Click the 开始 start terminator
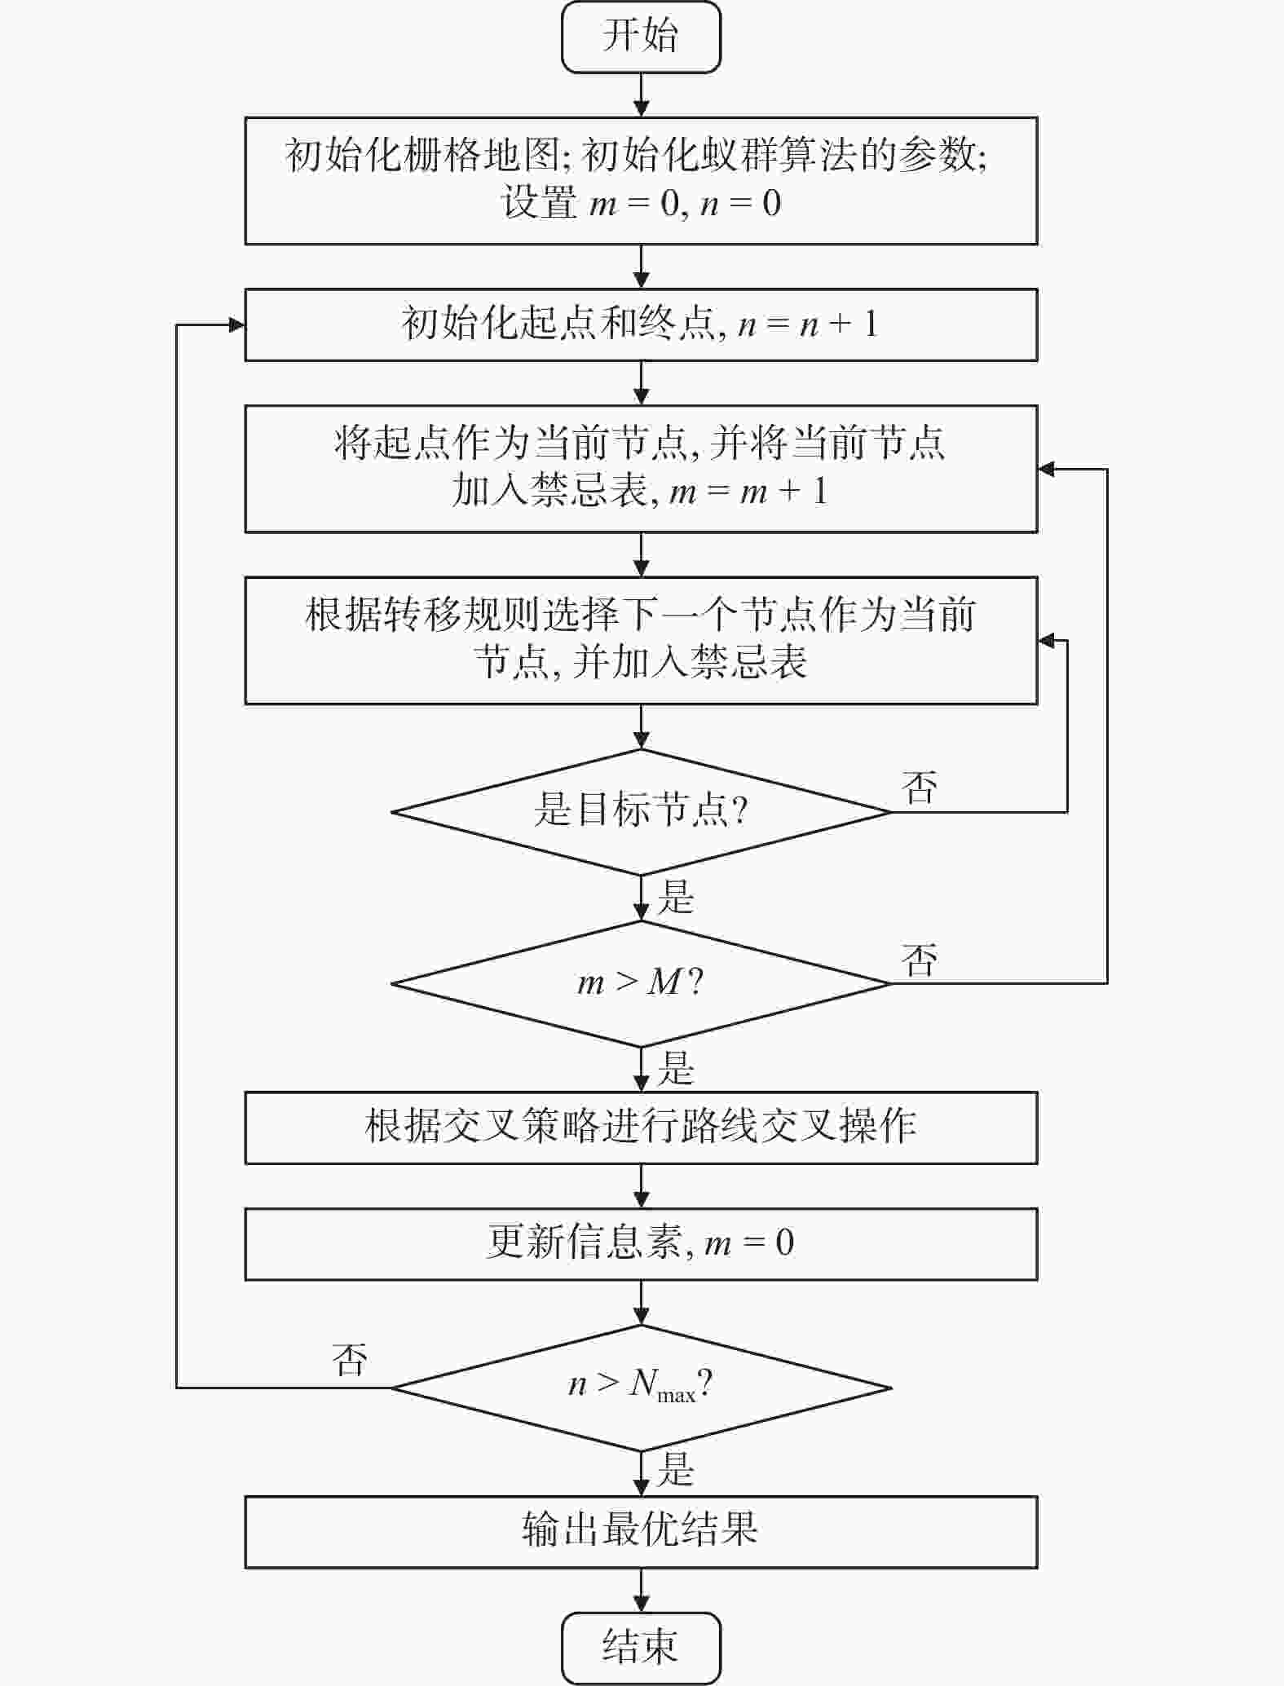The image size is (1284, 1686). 641,37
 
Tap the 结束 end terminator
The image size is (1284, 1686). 641,1647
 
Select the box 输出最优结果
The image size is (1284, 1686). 641,1531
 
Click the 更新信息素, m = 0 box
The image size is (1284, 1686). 641,1243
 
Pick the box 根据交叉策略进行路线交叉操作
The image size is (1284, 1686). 641,1128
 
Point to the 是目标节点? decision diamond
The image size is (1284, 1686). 641,812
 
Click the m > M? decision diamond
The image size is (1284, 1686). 641,983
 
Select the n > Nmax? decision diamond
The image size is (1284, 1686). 641,1387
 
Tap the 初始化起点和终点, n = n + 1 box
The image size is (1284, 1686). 641,324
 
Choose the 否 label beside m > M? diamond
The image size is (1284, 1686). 920,960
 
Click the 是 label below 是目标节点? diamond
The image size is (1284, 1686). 676,898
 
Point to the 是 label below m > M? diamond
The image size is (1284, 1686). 676,1069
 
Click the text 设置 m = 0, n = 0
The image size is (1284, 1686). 641,203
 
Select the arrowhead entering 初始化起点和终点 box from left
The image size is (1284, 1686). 237,325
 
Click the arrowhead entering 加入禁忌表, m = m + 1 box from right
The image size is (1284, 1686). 1047,469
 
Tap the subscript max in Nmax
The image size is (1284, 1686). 677,1396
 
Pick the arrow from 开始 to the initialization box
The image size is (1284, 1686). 642,95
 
